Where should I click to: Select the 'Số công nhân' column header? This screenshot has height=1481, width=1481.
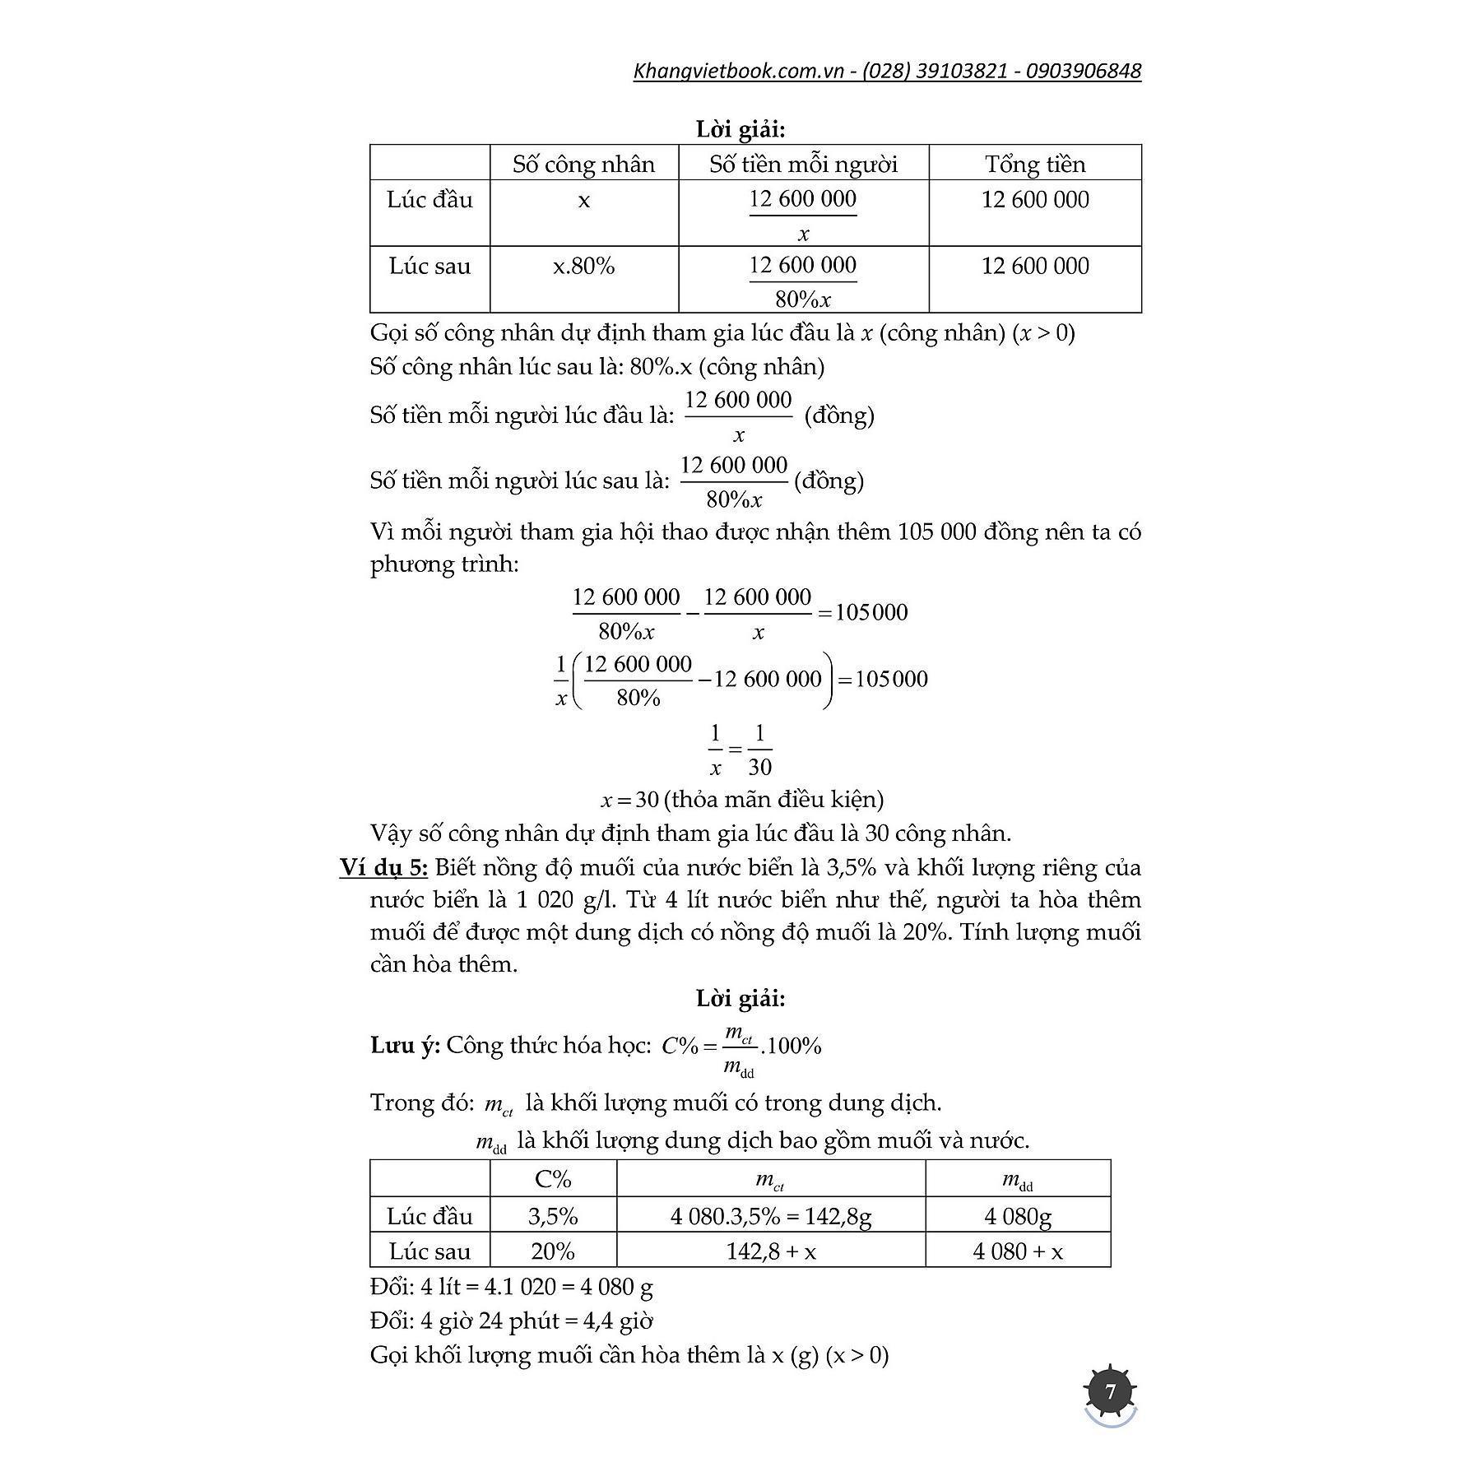click(x=583, y=164)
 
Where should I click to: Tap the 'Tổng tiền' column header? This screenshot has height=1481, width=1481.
click(x=1035, y=164)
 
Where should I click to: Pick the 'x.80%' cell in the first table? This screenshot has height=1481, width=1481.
click(x=583, y=266)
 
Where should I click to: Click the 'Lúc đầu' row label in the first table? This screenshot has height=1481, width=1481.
click(x=429, y=199)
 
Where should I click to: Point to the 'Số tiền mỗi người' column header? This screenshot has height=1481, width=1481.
click(x=803, y=164)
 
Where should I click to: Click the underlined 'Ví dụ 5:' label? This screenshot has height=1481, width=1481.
click(x=383, y=867)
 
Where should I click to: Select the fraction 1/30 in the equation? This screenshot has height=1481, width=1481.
click(x=759, y=750)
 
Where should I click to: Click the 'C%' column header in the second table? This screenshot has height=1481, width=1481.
click(x=553, y=1179)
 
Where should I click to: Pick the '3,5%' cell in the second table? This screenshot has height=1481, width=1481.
click(x=553, y=1216)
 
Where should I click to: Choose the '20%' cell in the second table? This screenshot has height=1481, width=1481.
click(x=553, y=1251)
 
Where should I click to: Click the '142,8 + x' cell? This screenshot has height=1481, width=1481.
click(x=771, y=1251)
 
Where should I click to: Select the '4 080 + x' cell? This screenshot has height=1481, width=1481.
click(x=1018, y=1251)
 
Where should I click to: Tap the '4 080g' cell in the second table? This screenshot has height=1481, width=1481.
click(x=1018, y=1216)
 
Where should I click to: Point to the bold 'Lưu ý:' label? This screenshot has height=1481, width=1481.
click(x=406, y=1046)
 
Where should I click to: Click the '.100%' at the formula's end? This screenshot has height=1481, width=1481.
click(x=792, y=1046)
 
